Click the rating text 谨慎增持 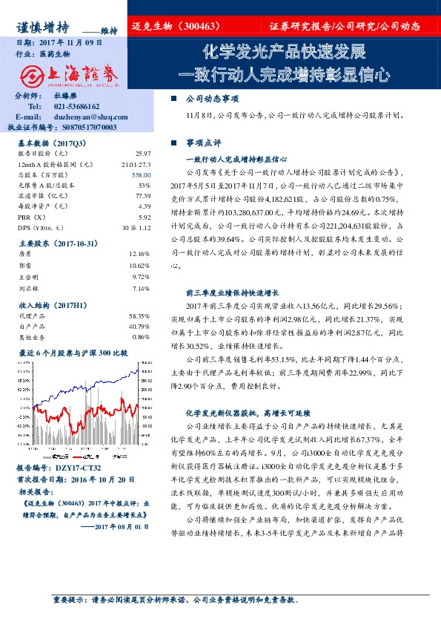(x=42, y=27)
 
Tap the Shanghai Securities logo (x=66, y=76)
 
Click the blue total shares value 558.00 (x=141, y=173)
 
